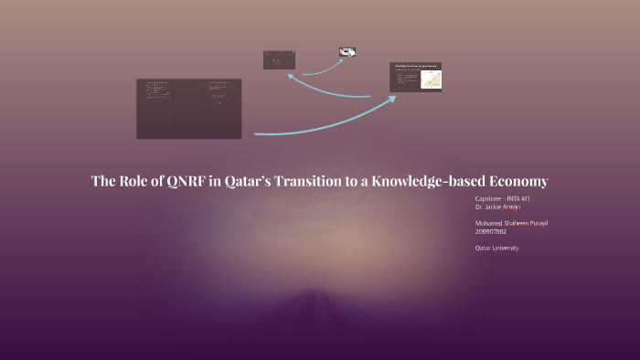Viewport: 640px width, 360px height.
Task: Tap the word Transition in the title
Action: point(294,181)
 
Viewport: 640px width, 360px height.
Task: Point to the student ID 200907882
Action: point(491,232)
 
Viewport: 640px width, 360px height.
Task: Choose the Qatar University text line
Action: point(496,248)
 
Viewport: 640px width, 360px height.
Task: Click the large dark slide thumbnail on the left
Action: point(189,109)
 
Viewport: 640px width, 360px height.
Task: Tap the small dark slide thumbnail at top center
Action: point(279,60)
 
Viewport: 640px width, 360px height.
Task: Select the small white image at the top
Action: point(347,52)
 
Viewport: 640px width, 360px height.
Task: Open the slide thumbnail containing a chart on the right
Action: point(416,77)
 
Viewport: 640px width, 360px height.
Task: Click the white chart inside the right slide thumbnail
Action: point(430,79)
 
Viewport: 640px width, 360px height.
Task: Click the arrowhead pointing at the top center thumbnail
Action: point(290,77)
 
